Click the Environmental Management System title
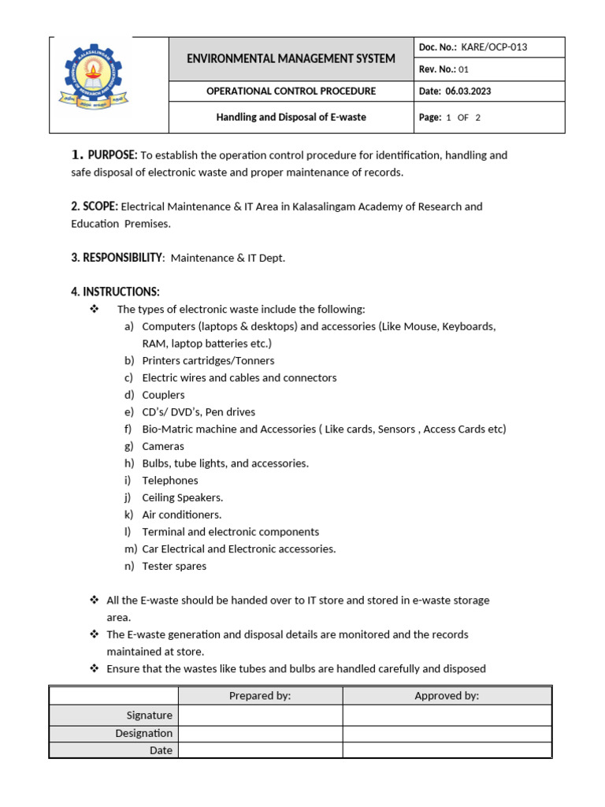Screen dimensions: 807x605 tap(291, 58)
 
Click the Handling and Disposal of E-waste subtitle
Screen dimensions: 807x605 tap(291, 117)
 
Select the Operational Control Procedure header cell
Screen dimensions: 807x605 tap(291, 91)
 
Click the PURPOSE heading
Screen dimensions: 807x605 tap(112, 155)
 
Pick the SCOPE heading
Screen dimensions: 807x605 tap(95, 206)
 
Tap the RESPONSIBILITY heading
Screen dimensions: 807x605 tap(117, 258)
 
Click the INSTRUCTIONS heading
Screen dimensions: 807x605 tap(115, 292)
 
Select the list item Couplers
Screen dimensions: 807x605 tap(163, 395)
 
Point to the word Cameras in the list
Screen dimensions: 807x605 tap(163, 446)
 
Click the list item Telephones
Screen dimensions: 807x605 tap(170, 481)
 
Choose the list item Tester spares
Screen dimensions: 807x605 tap(174, 566)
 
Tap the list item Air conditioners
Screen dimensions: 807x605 tap(181, 515)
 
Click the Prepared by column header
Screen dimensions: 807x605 tap(260, 696)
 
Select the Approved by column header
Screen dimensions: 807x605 tap(447, 696)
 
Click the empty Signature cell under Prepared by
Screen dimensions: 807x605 tap(260, 716)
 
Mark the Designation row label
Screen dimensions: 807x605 tap(143, 734)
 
